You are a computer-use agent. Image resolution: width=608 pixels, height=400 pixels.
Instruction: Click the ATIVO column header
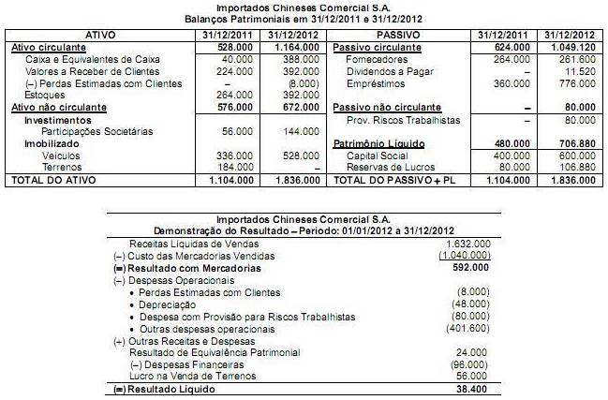pos(99,34)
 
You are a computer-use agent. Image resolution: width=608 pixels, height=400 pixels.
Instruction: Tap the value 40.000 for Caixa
pos(236,58)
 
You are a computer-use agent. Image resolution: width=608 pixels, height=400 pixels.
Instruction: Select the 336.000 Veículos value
pos(236,156)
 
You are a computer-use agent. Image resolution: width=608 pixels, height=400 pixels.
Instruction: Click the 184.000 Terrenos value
pos(236,167)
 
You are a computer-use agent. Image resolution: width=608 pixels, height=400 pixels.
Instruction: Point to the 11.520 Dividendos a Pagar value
pos(576,70)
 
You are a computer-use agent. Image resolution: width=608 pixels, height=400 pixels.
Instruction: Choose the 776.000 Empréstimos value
pos(573,82)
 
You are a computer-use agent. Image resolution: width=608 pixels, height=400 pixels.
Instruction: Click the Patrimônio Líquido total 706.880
pos(573,143)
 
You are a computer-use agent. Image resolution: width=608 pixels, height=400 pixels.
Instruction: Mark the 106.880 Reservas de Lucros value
pos(573,167)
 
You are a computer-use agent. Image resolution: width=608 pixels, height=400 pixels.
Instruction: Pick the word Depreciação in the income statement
pos(169,304)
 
